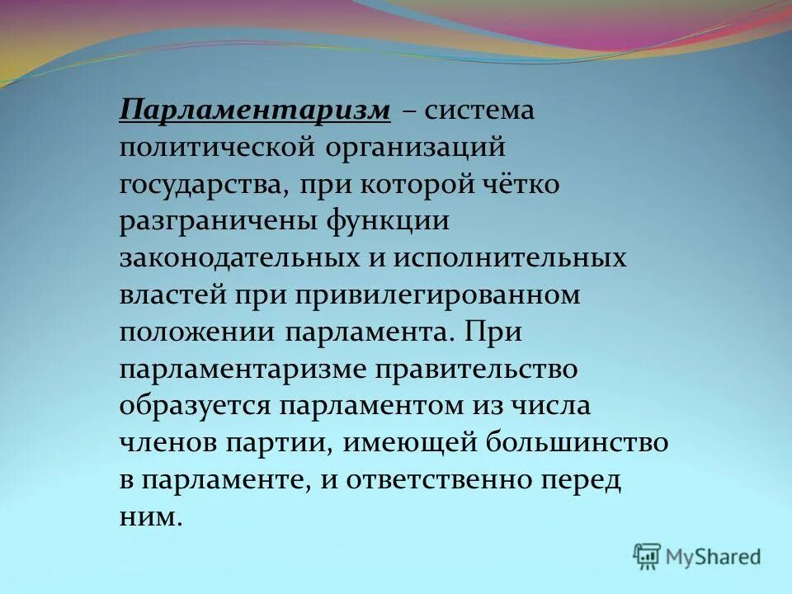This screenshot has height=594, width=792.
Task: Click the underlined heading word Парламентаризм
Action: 254,111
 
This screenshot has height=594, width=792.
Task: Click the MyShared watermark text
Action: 714,558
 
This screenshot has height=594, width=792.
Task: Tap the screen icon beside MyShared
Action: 648,557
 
